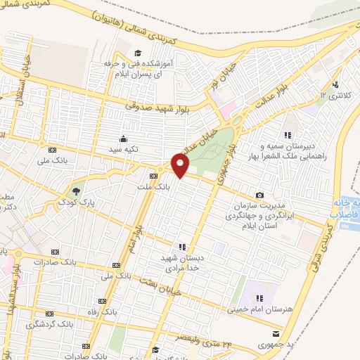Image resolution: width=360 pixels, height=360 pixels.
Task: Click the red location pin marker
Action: click(x=181, y=166)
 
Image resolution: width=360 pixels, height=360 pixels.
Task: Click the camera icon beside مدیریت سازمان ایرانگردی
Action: click(x=259, y=195)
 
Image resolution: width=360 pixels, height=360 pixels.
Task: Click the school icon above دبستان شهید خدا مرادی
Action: click(x=182, y=247)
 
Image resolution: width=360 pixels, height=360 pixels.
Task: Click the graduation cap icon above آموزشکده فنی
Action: click(x=138, y=53)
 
